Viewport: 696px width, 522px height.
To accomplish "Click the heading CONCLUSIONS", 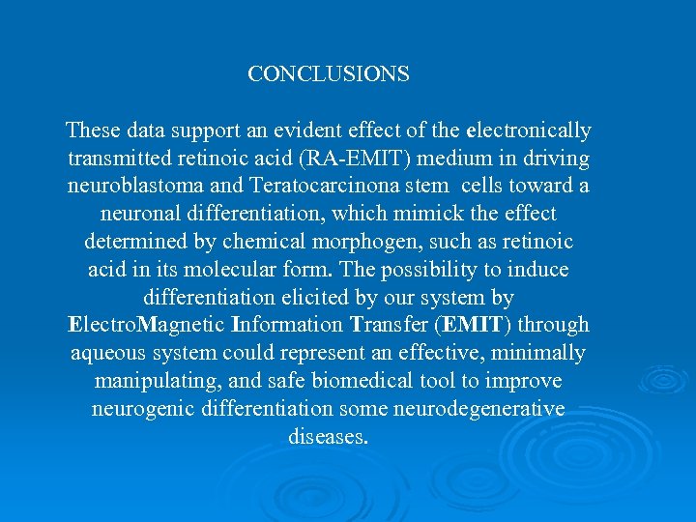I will [x=329, y=74].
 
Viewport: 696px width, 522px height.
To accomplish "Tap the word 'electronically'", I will [x=529, y=130].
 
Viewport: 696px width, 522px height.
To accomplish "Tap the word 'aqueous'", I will [x=107, y=353].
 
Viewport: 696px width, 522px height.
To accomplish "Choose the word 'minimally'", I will [x=543, y=353].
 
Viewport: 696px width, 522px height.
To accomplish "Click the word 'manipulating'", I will [x=155, y=381].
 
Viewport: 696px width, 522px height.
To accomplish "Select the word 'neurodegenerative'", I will [x=478, y=409].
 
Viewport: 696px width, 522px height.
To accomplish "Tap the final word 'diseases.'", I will [x=329, y=437].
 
